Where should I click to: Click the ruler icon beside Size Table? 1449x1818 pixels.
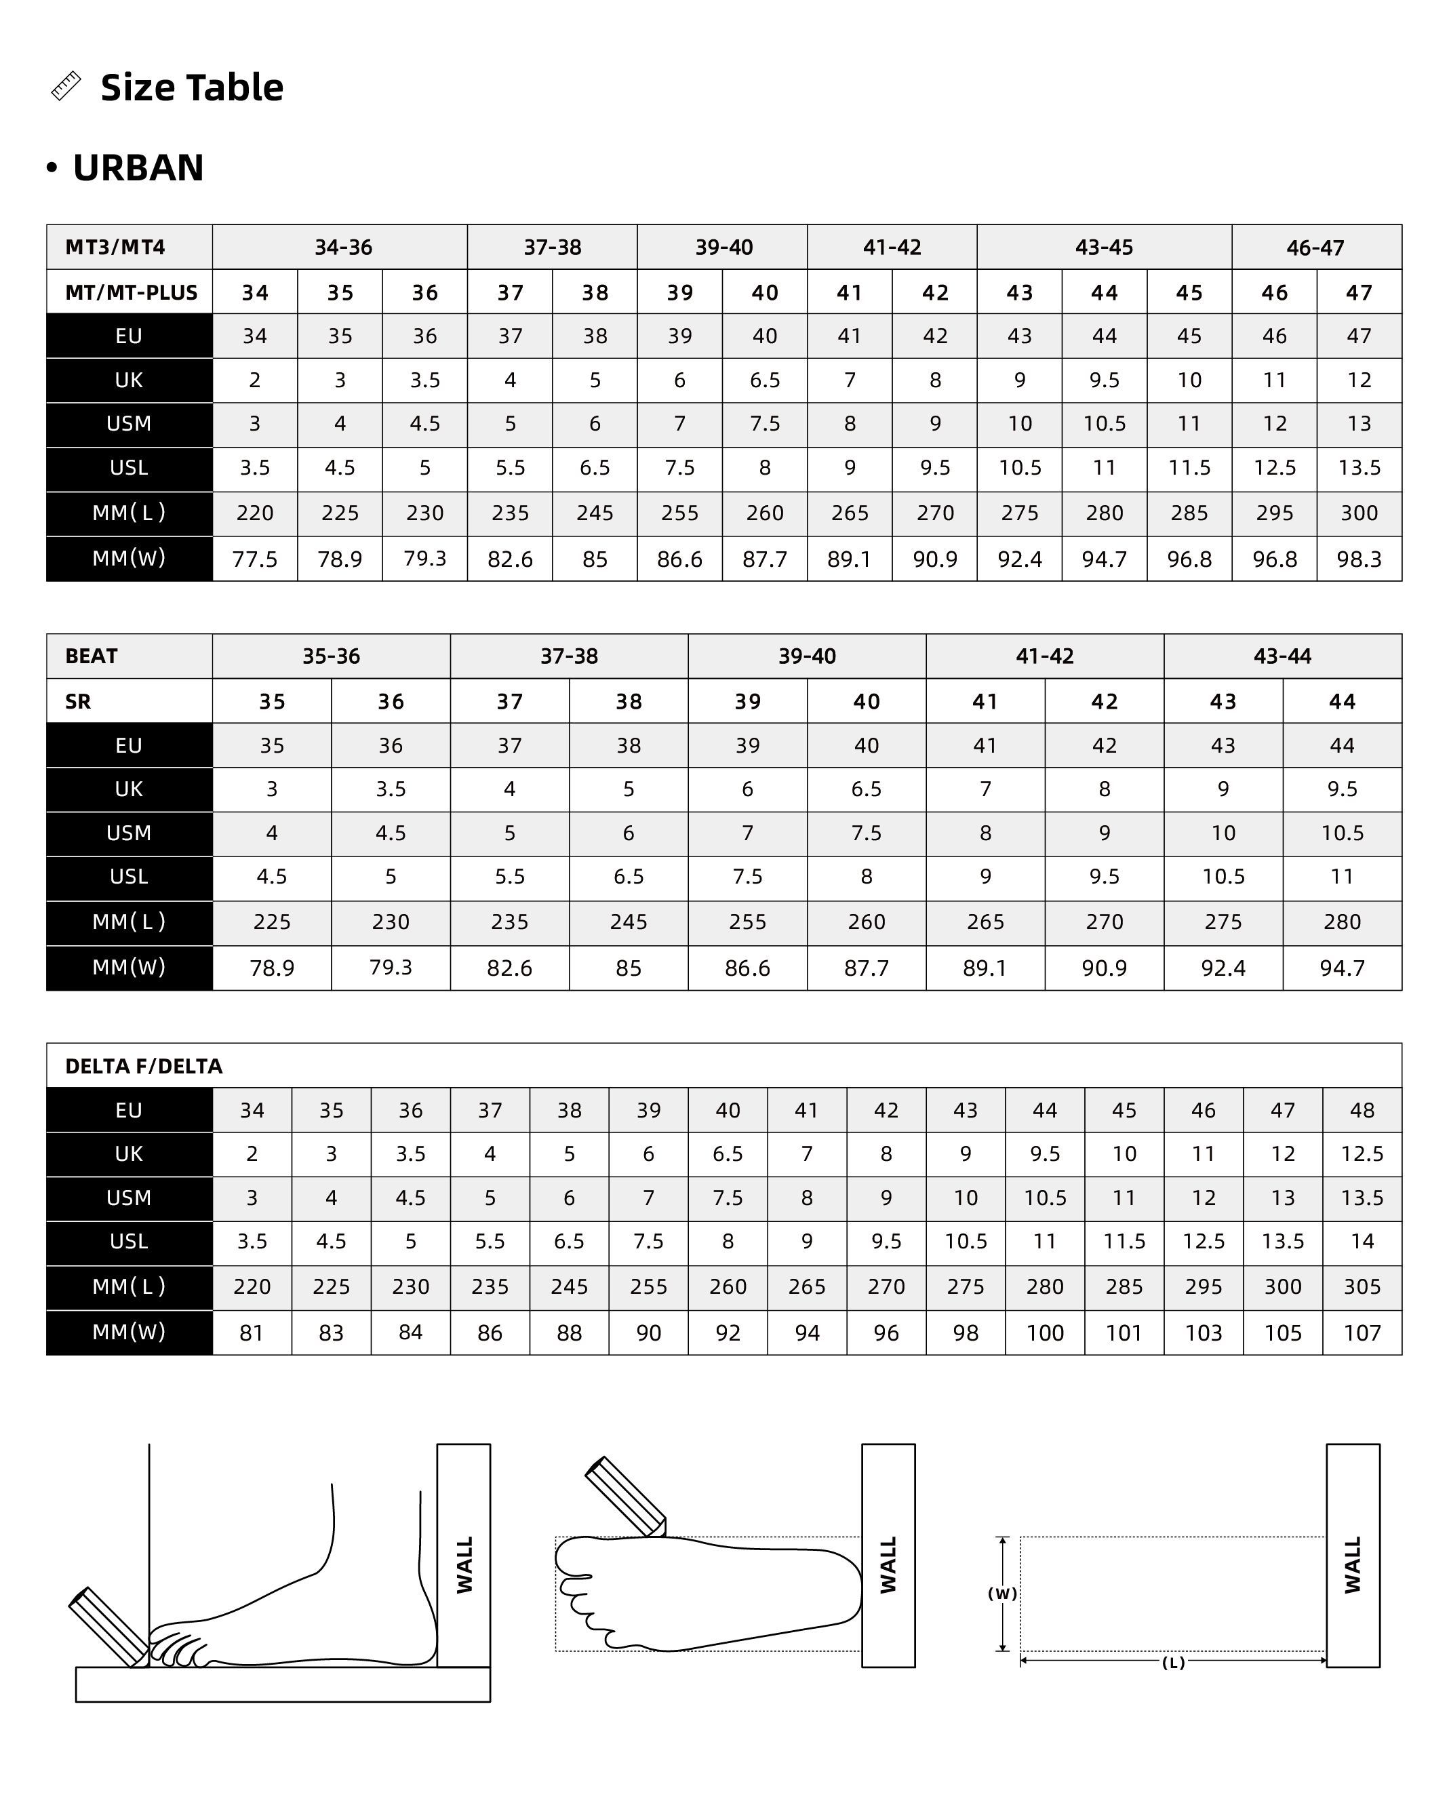pyautogui.click(x=66, y=86)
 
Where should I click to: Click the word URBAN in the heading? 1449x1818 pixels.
pyautogui.click(x=138, y=167)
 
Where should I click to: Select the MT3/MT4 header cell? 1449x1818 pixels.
pyautogui.click(x=115, y=247)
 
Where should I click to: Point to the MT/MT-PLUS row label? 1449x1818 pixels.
pyautogui.click(x=132, y=292)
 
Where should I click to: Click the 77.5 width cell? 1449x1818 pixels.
pyautogui.click(x=254, y=559)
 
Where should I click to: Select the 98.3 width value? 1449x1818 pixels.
pyautogui.click(x=1359, y=559)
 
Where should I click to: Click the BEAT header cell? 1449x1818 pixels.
pyautogui.click(x=92, y=656)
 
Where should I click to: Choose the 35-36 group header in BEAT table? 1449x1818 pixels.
pyautogui.click(x=332, y=656)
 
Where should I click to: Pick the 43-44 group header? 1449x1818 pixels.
pyautogui.click(x=1282, y=656)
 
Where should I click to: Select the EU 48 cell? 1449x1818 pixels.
pyautogui.click(x=1362, y=1111)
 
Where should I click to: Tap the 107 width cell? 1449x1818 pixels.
pyautogui.click(x=1362, y=1333)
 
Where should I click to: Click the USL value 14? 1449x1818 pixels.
pyautogui.click(x=1362, y=1241)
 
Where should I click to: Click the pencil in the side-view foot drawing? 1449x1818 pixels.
pyautogui.click(x=108, y=1627)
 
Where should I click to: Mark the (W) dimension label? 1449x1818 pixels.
pyautogui.click(x=1002, y=1594)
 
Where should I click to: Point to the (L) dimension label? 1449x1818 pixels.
pyautogui.click(x=1173, y=1663)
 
